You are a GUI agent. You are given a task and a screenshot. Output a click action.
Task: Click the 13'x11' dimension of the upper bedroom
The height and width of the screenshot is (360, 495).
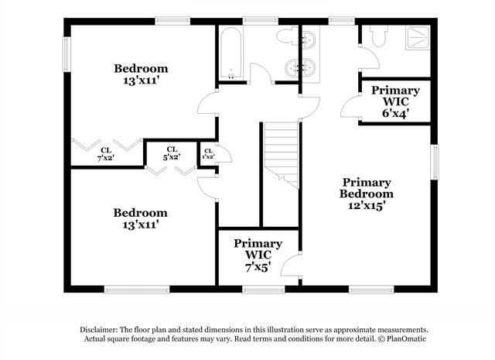point(140,79)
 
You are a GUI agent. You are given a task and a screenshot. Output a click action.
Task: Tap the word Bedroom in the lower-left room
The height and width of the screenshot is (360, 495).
point(140,212)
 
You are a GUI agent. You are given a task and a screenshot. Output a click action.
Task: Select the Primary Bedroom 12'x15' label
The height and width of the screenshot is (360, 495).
point(367,194)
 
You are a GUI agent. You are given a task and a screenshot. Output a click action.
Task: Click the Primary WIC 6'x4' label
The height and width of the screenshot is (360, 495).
point(395,101)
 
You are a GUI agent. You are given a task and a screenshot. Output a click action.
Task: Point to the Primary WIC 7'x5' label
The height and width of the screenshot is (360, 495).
point(258,255)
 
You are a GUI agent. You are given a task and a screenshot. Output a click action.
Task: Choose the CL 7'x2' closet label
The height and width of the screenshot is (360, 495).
point(106,153)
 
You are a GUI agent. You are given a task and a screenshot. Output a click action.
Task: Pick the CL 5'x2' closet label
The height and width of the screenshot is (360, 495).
point(172,153)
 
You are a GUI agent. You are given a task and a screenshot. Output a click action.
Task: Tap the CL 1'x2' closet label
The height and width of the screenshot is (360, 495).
point(207,153)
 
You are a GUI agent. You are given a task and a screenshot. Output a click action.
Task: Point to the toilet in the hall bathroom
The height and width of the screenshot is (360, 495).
point(285,36)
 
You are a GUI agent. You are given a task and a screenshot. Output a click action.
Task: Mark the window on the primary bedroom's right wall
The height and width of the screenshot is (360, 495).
point(435,163)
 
